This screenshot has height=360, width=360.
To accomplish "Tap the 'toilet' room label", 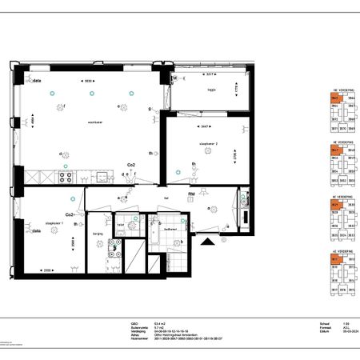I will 120,226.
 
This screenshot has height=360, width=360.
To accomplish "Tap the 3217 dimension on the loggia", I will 207,74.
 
